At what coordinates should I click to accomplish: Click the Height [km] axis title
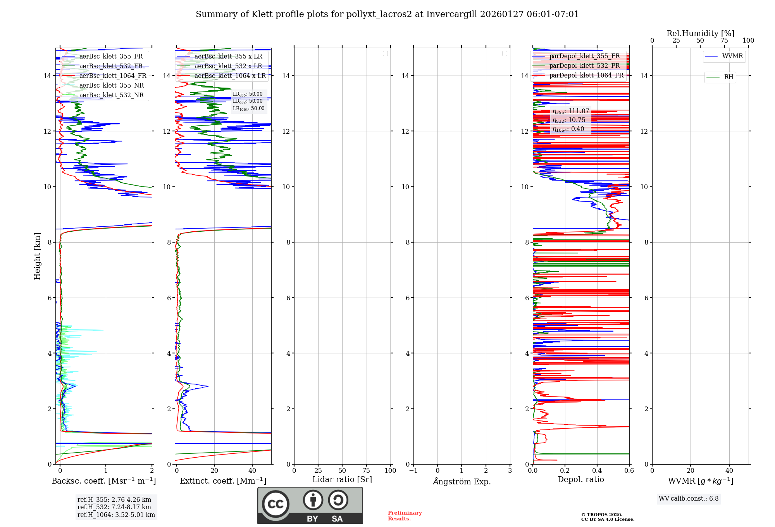click(37, 256)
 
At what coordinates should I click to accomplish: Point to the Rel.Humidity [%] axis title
click(700, 33)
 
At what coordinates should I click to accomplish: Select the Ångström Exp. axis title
click(462, 481)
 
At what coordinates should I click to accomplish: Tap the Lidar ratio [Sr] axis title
click(342, 480)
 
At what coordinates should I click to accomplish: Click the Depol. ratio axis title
click(580, 480)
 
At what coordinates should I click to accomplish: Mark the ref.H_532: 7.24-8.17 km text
click(114, 507)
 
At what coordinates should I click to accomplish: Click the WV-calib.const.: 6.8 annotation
click(689, 499)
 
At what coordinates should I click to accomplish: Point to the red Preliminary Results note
click(405, 516)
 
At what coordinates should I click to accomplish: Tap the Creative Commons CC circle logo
click(276, 504)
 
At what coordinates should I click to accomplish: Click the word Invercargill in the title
click(452, 14)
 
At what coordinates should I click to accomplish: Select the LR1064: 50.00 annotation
click(249, 108)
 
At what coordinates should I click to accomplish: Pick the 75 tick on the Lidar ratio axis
click(366, 471)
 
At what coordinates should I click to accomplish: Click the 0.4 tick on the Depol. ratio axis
click(597, 471)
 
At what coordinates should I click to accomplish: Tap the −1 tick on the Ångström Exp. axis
click(413, 471)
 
